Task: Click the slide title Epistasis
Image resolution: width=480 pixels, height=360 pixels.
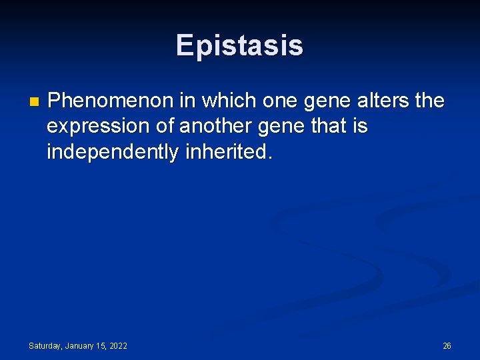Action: coord(239,45)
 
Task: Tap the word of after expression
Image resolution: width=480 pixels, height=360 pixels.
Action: coord(164,126)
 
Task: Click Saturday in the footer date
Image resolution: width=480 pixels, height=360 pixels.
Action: coord(45,346)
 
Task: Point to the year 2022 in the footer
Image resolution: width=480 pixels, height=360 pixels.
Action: coord(118,346)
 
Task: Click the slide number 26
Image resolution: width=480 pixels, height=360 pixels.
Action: coord(447,346)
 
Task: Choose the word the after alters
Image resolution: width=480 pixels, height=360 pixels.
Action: coord(429,101)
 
